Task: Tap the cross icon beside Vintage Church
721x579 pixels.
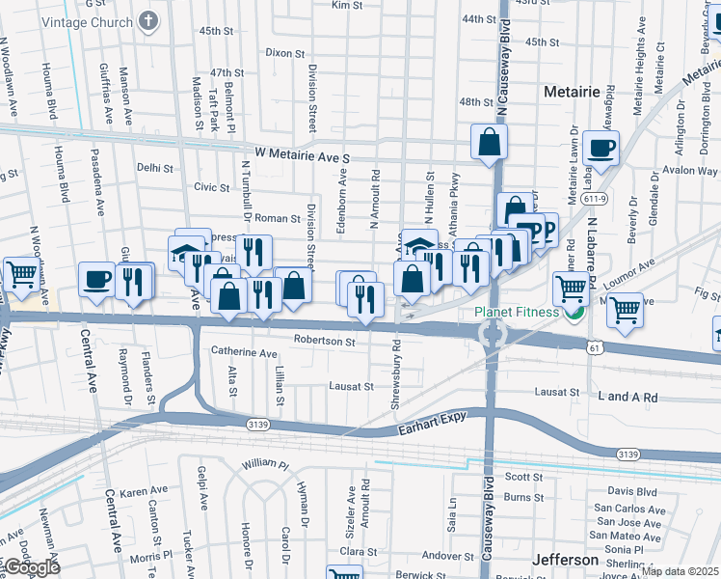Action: pos(147,20)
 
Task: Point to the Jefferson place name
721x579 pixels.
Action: pos(565,561)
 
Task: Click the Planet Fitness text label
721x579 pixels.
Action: pos(517,313)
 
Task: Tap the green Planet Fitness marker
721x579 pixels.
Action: pos(576,313)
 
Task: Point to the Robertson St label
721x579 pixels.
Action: pos(325,341)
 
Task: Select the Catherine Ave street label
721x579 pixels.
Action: pos(244,354)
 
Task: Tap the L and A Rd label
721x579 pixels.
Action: pos(627,397)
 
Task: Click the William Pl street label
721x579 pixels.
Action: pos(265,464)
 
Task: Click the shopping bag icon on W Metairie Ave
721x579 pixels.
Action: pos(489,142)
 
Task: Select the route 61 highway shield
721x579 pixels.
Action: pos(598,346)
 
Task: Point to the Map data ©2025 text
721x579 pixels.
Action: pos(680,571)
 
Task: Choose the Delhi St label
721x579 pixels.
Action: pos(154,168)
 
